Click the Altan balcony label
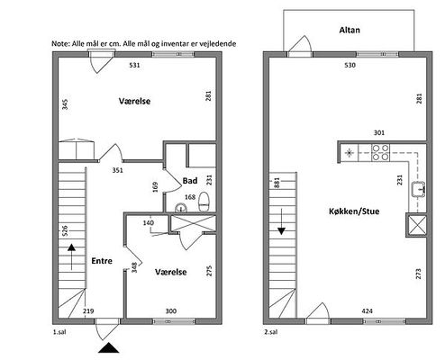pos(350,30)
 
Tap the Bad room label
pos(190,181)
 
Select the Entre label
pos(102,261)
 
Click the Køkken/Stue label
pos(354,211)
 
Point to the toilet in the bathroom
pos(204,202)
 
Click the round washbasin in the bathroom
pos(181,208)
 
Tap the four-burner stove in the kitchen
pos(381,153)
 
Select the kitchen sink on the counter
pos(419,190)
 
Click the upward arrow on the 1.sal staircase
pos(71,256)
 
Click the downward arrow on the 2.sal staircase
pos(281,221)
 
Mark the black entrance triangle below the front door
pos(109,347)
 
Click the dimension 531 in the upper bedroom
pos(134,65)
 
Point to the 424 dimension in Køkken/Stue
pos(367,311)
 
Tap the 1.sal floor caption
pos(59,332)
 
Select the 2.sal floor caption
pos(271,332)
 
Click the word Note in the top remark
pos(60,44)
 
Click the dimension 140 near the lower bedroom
pos(149,223)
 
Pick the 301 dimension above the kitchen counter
pos(379,132)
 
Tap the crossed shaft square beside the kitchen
pos(416,225)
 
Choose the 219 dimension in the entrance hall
pos(88,311)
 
